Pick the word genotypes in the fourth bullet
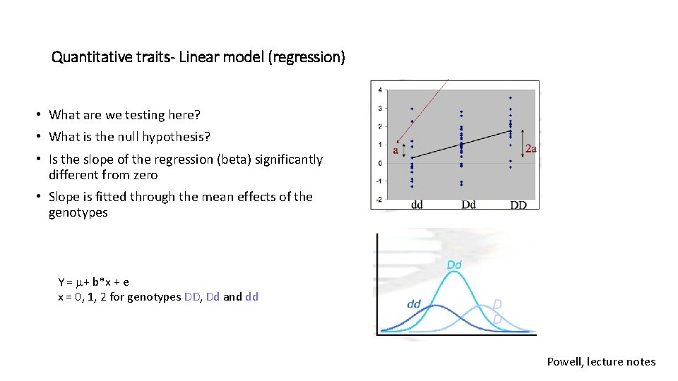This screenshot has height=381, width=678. (78, 212)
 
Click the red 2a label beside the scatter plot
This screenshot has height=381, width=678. (531, 148)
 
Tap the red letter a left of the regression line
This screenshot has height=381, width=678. (395, 150)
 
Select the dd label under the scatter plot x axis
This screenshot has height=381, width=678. (417, 205)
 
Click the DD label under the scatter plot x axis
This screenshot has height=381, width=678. (518, 205)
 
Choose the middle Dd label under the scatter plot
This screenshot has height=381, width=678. (468, 205)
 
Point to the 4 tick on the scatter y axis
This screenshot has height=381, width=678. (381, 90)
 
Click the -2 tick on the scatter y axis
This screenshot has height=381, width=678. (379, 199)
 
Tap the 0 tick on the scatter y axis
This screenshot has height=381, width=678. (381, 163)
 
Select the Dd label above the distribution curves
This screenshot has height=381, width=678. (454, 265)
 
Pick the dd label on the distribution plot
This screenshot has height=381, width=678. (415, 304)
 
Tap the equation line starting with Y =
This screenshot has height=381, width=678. (93, 282)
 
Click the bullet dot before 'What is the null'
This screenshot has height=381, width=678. (42, 138)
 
